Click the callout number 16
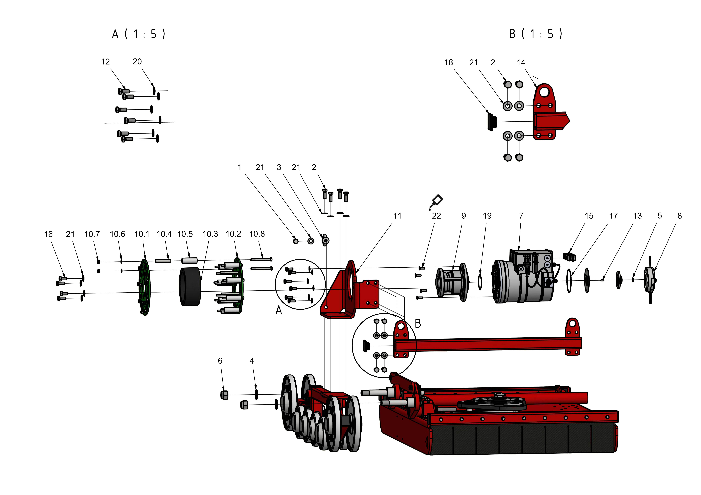point(48,234)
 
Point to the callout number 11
point(397,216)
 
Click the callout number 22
point(436,216)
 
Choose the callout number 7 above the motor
point(521,216)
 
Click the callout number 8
point(679,216)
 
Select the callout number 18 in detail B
point(449,62)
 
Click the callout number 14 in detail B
point(521,62)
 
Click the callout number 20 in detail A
point(137,62)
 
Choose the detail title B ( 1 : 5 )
point(536,34)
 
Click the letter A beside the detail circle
point(278,310)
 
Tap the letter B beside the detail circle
point(418,324)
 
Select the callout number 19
point(487,216)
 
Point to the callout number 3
point(279,167)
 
